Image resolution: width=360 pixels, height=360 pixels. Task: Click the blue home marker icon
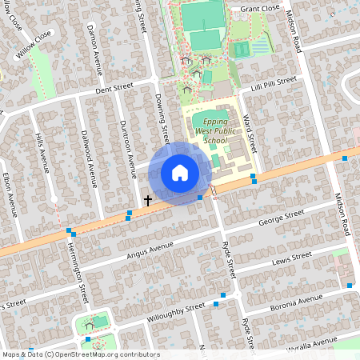click(179, 173)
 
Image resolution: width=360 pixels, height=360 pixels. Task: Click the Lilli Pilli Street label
click(274, 83)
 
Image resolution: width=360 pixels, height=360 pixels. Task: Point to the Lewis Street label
click(290, 259)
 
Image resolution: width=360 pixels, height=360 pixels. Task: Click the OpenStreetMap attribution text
click(81, 354)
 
